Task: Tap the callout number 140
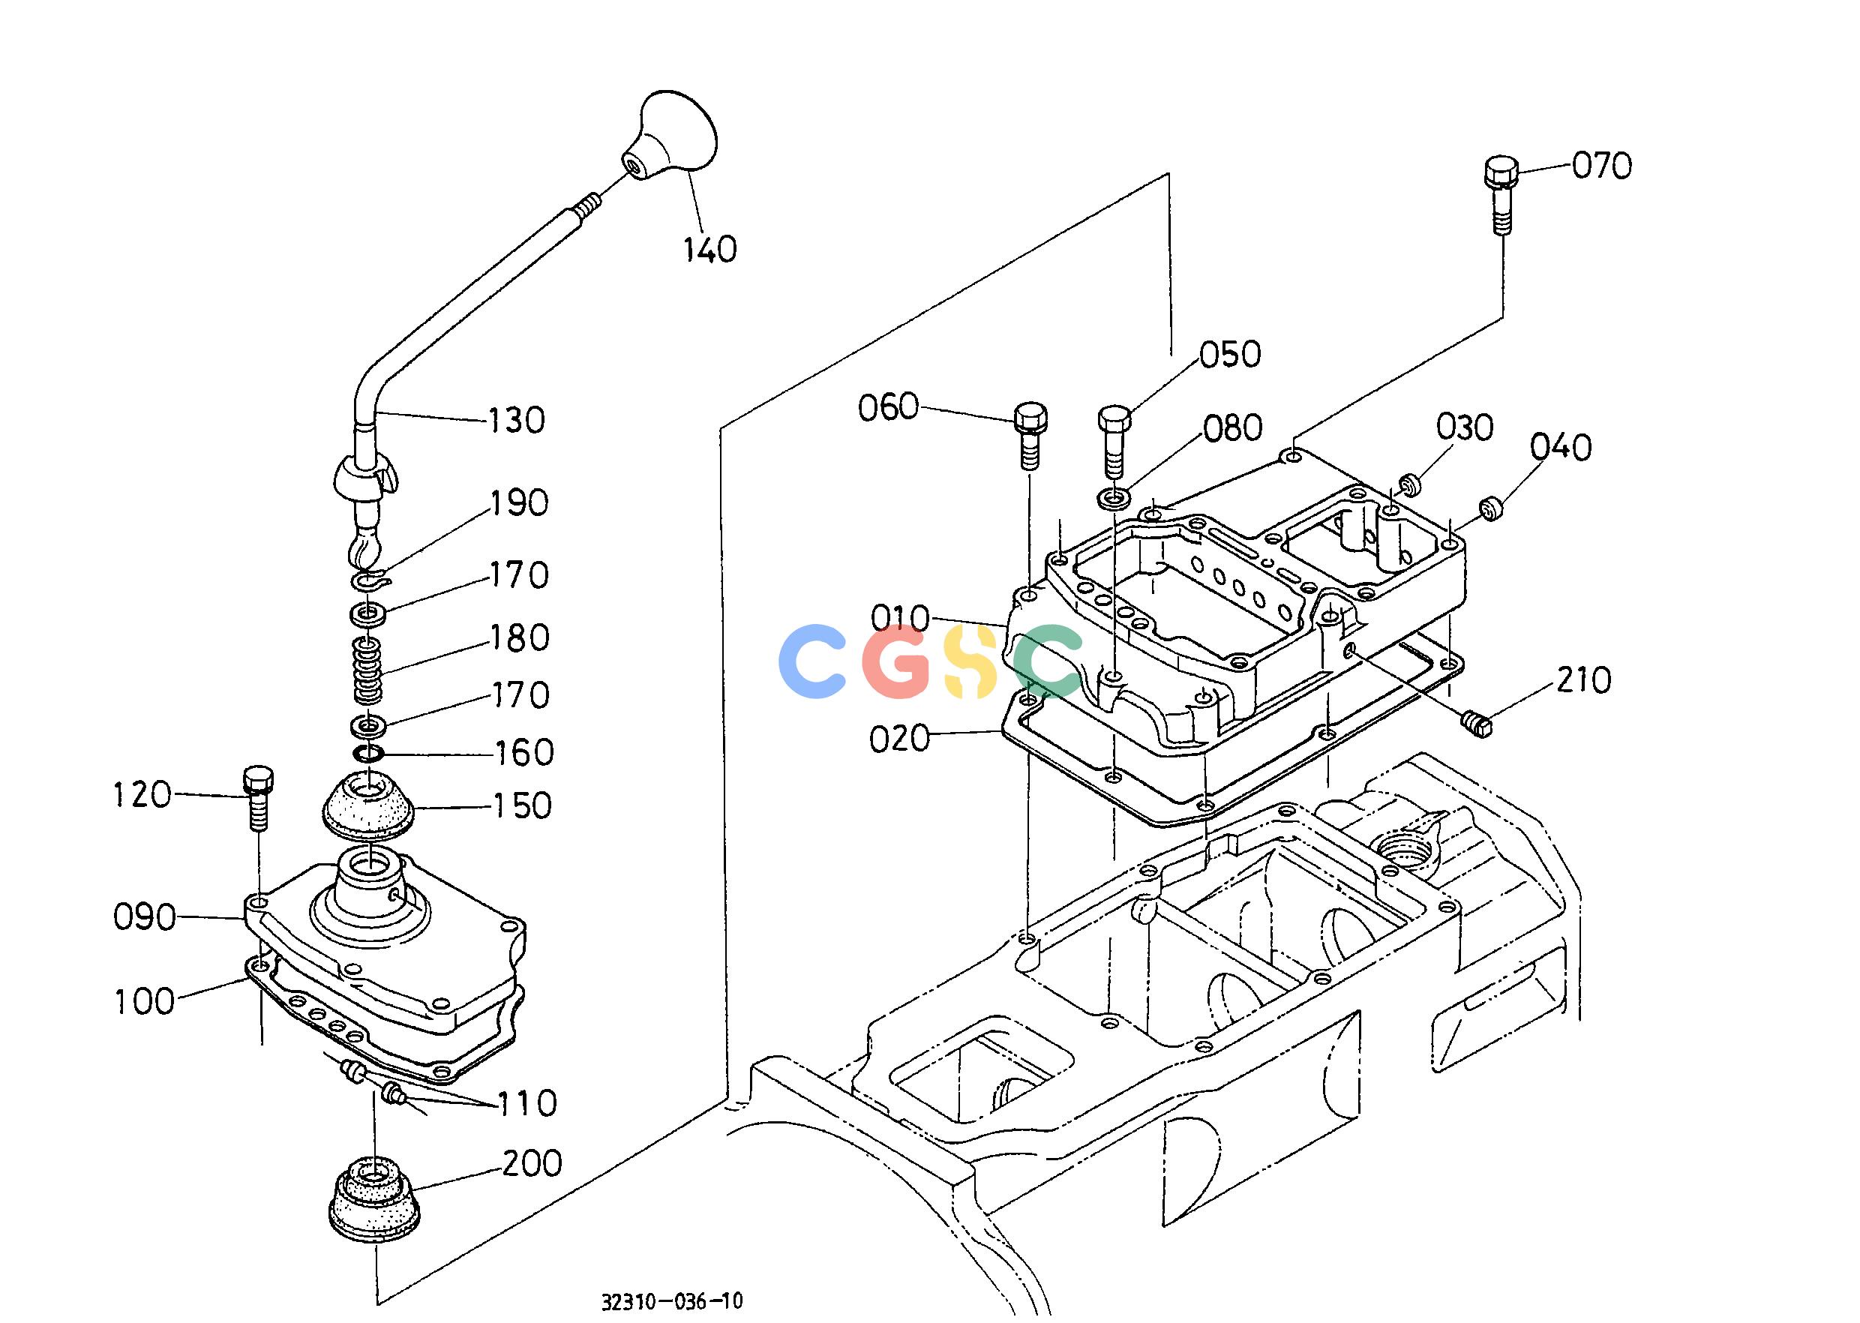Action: click(709, 249)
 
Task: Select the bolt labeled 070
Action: click(1501, 196)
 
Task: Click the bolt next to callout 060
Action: click(1030, 435)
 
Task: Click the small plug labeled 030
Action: click(1409, 485)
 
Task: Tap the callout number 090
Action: click(144, 918)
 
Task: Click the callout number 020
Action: click(899, 739)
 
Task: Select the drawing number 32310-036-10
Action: click(672, 1301)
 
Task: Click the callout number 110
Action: click(526, 1103)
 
